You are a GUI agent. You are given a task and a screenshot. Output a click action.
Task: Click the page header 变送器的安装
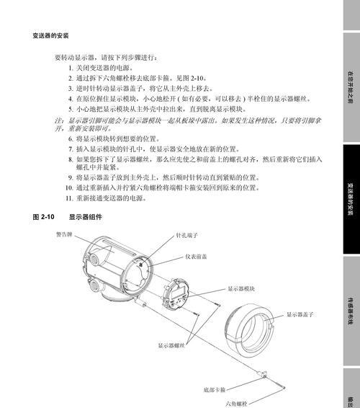coord(50,35)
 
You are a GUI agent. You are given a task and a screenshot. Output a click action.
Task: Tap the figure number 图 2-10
coord(43,217)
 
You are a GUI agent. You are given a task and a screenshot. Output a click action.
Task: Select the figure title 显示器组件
coord(85,217)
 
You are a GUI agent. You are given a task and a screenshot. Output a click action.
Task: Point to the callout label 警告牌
coord(64,234)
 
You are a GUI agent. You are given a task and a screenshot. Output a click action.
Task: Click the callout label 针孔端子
coord(186,235)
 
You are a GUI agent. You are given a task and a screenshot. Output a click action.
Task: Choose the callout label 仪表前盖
coord(196,257)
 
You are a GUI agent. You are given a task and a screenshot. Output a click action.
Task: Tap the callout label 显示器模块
coord(241,288)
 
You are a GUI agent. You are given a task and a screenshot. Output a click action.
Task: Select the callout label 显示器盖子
coord(300,314)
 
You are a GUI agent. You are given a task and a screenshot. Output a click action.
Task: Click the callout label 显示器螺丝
coord(171,345)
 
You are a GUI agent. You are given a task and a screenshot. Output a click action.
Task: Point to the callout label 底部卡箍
coord(214,390)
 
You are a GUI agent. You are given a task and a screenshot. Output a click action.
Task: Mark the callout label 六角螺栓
coord(236,404)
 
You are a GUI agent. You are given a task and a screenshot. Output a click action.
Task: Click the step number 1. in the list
coord(71,68)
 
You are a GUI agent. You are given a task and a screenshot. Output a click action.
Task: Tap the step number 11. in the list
coord(69,198)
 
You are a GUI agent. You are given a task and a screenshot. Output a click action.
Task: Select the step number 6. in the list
coord(71,138)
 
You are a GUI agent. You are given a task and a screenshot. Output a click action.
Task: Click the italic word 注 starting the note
coord(58,120)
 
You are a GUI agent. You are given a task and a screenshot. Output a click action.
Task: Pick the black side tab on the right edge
coord(351,199)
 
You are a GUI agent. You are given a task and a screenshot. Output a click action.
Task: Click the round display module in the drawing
coord(176,294)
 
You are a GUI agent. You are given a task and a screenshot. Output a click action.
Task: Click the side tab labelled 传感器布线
coord(351,311)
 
